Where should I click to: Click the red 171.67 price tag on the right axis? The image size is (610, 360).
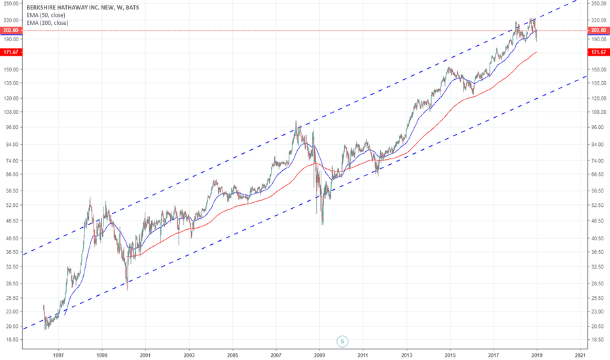coord(599,52)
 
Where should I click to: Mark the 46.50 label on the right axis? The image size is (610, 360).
coord(599,221)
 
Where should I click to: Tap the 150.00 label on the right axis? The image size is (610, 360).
coord(599,69)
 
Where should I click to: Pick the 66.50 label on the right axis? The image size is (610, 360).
coord(599,175)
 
